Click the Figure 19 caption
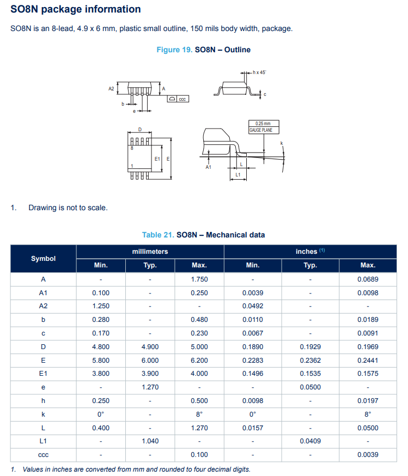(x=203, y=50)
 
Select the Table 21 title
(x=203, y=235)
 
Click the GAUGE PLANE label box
(x=264, y=127)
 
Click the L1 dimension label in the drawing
(x=238, y=175)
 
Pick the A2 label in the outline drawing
(x=111, y=88)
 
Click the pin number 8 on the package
(x=131, y=148)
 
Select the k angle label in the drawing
(x=282, y=143)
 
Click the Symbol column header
(x=43, y=258)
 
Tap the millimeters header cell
(x=150, y=251)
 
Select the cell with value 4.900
(x=150, y=346)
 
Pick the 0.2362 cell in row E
(x=310, y=360)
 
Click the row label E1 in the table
(x=43, y=374)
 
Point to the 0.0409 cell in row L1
(x=310, y=441)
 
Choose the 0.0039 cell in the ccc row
(x=368, y=454)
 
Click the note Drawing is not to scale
(x=68, y=208)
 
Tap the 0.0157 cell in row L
(x=252, y=428)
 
